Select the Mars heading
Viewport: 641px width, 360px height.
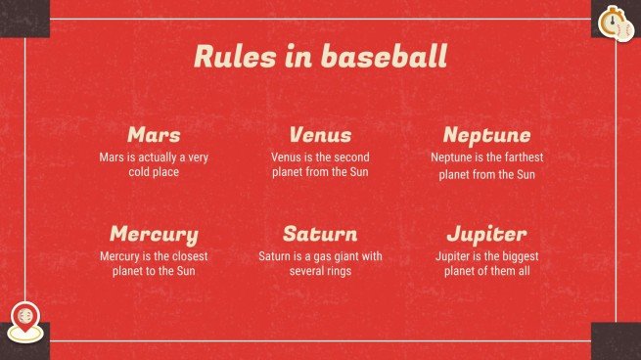(154, 134)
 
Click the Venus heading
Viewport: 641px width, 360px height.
(320, 134)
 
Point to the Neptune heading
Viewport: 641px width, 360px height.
(486, 134)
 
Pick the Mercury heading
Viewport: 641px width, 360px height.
(154, 234)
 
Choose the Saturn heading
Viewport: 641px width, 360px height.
(320, 234)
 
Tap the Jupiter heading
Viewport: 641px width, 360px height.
(486, 234)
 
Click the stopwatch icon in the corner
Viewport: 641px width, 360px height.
(612, 19)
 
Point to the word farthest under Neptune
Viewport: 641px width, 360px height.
(520, 157)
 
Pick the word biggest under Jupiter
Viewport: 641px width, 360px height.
(514, 256)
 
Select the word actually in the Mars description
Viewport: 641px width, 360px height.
(157, 157)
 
